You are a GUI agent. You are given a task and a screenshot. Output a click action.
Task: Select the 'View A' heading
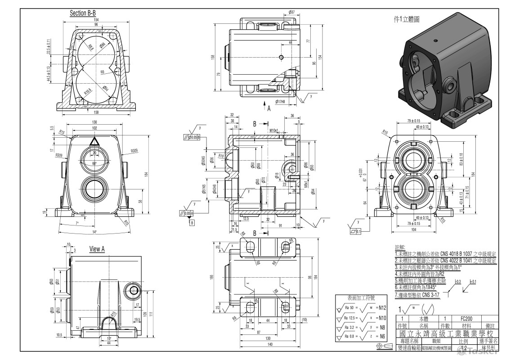[x=97, y=249]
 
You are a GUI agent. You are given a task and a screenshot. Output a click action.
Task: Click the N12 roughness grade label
[x=382, y=308]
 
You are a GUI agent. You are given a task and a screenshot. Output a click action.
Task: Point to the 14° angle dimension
[x=95, y=232]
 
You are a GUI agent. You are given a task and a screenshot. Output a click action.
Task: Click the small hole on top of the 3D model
[x=435, y=41]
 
